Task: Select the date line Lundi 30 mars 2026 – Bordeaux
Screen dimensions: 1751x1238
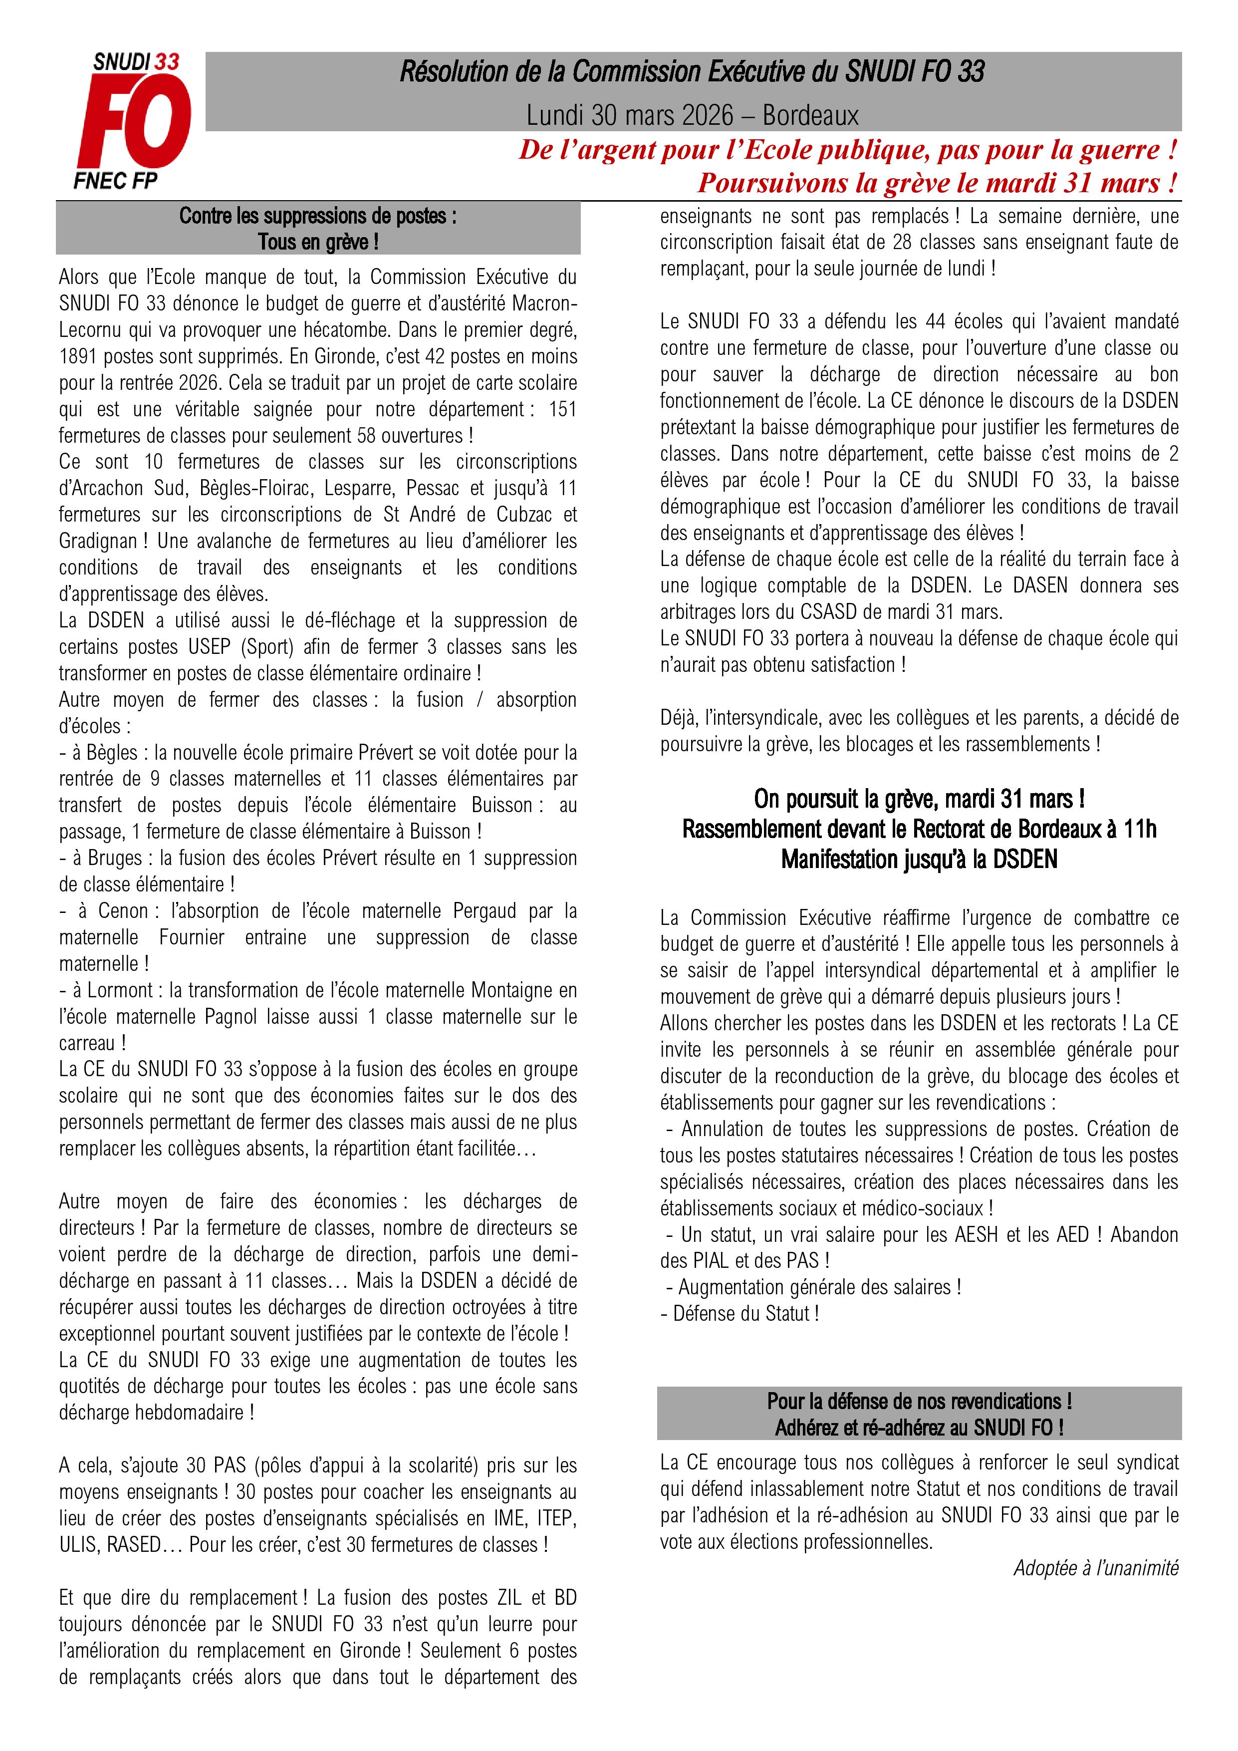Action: point(692,115)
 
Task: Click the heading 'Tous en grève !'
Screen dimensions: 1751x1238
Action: point(318,243)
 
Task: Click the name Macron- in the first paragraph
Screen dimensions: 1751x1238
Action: point(544,303)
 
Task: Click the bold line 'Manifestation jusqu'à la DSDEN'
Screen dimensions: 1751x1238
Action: point(919,860)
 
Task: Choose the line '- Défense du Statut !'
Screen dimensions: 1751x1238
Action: point(740,1313)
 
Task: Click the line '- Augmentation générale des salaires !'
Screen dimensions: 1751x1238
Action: point(813,1287)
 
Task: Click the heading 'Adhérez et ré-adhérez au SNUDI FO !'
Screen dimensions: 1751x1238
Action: point(919,1427)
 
